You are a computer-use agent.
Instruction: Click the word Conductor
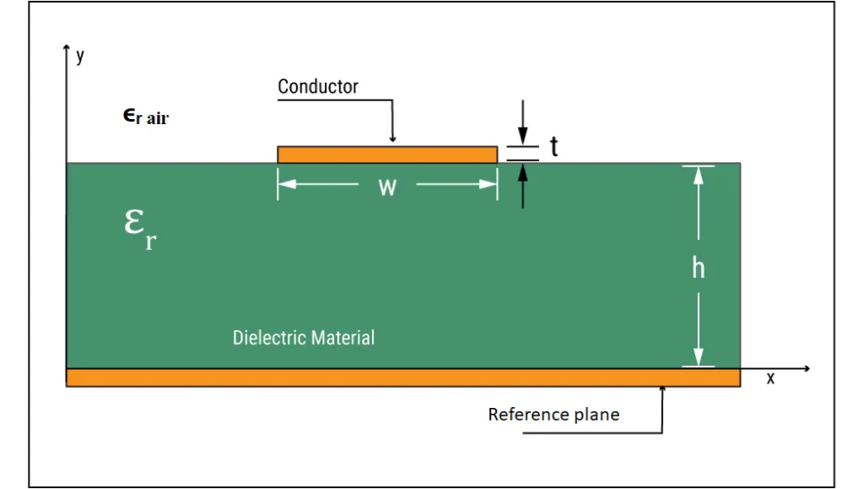point(317,86)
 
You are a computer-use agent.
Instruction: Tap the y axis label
point(80,56)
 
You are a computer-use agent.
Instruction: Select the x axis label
point(770,378)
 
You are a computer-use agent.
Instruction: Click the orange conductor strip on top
point(387,155)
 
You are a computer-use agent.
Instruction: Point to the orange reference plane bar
point(403,378)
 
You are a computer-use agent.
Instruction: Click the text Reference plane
point(553,414)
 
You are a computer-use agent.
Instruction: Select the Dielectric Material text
point(303,337)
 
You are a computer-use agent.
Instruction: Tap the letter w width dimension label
point(387,187)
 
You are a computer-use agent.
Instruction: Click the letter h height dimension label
point(698,268)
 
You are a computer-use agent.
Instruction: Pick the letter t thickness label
point(554,147)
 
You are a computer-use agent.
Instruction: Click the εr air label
point(145,117)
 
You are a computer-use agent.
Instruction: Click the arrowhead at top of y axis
point(67,48)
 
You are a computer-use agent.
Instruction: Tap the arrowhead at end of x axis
point(806,368)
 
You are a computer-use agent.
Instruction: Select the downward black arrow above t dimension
point(523,122)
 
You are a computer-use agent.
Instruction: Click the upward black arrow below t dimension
point(523,186)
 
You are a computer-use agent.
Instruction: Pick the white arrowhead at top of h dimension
point(698,176)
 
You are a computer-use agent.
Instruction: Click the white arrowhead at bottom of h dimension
point(698,356)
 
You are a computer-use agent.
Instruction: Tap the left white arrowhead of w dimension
point(288,183)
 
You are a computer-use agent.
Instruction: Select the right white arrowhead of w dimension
point(488,183)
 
